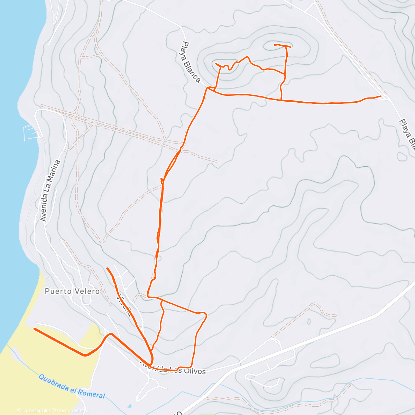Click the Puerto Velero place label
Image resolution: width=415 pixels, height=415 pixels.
(72, 291)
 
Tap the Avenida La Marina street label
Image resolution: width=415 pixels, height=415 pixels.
(50, 191)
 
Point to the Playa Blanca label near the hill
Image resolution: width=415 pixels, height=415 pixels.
(191, 62)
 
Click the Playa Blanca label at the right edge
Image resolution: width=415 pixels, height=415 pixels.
(407, 135)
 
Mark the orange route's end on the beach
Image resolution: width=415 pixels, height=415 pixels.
(34, 329)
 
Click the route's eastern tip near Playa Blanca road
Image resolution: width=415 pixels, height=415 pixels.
(381, 96)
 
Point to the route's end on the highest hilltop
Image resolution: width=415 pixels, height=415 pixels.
(275, 45)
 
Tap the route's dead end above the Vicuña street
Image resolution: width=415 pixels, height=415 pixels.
(108, 268)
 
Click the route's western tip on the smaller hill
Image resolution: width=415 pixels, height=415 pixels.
(216, 64)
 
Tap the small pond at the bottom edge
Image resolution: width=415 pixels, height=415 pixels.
(129, 406)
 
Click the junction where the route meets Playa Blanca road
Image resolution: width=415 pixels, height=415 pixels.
(208, 88)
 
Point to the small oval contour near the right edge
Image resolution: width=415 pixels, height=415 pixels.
(402, 156)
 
